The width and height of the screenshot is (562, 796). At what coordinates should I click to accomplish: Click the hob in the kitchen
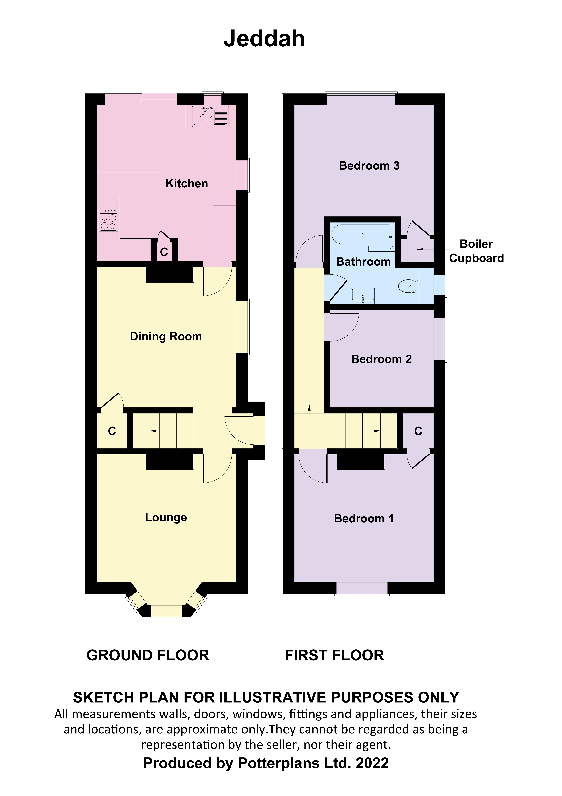[109, 220]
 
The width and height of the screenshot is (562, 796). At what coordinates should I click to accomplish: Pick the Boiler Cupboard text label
[476, 251]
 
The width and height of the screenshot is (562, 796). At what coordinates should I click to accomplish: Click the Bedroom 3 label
[369, 166]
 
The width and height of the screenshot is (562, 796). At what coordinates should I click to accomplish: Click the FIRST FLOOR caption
[334, 656]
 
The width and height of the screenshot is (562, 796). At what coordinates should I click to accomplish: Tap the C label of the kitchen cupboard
[164, 252]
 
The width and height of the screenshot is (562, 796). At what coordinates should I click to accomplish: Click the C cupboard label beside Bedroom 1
[418, 431]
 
